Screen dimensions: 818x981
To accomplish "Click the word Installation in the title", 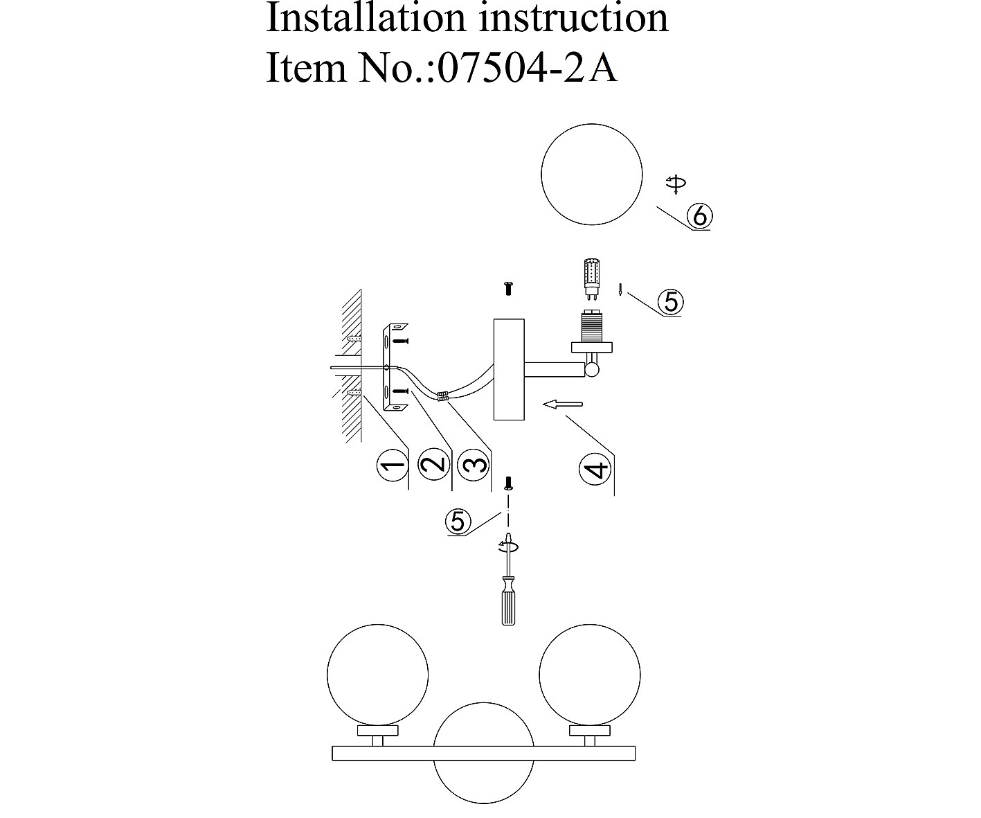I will point(368,18).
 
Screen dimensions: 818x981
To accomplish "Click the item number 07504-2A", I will point(528,68).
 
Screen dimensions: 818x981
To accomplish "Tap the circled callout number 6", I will point(699,217).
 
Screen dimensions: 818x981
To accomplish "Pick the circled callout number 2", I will point(434,464).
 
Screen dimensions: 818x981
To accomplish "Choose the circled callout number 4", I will point(597,469).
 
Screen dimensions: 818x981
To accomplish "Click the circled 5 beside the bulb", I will point(670,302).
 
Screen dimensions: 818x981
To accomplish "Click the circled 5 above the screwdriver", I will point(458,521).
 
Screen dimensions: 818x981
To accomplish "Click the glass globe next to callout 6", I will point(591,174).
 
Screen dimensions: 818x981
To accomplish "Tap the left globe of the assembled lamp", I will point(377,674).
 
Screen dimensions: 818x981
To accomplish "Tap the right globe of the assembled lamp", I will point(590,674).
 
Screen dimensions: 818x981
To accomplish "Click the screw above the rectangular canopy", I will point(509,288).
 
